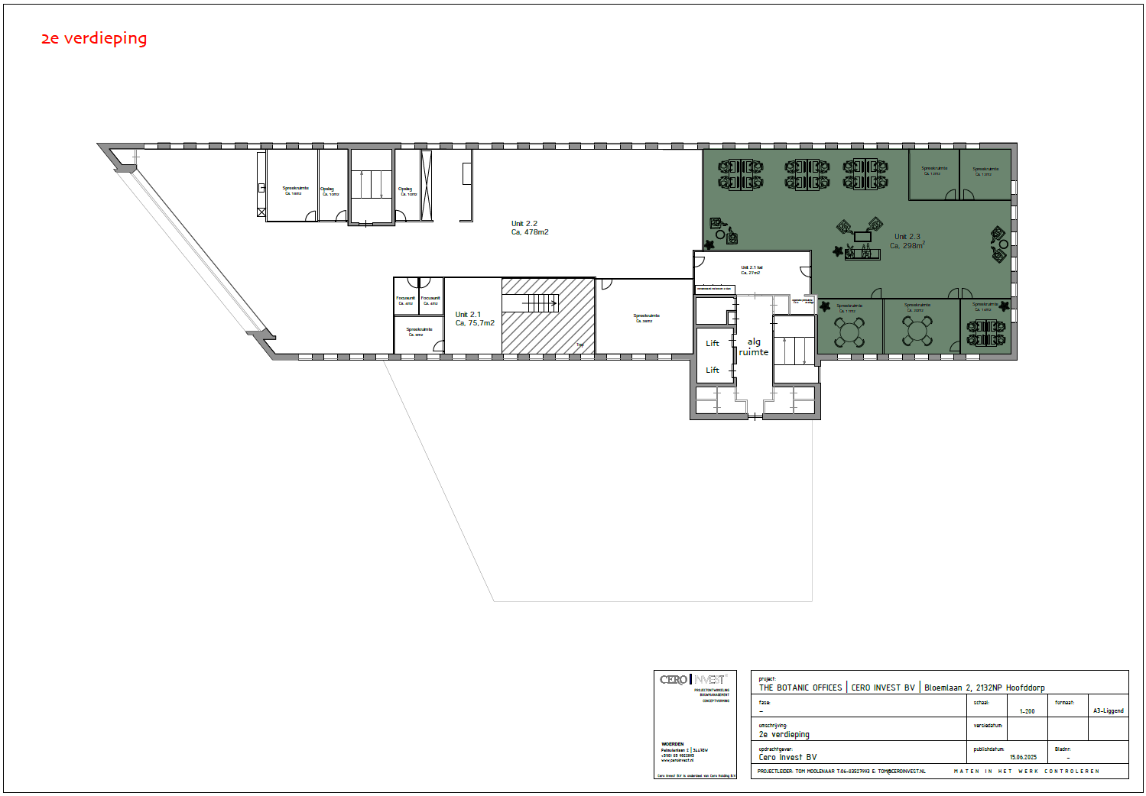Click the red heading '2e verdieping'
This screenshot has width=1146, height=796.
(93, 38)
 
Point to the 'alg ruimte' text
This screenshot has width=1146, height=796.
(754, 347)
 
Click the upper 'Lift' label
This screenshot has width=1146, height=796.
(713, 344)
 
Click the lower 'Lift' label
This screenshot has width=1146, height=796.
(713, 370)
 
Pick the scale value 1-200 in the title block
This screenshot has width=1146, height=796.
(1027, 711)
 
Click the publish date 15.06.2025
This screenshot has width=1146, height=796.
(1023, 757)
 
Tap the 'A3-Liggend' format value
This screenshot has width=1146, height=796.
(1108, 711)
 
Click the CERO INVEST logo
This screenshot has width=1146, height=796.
(693, 679)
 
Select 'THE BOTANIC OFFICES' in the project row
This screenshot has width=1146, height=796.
(800, 688)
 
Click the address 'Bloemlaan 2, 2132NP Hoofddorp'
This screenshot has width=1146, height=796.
(984, 688)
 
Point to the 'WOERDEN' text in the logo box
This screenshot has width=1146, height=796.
(672, 743)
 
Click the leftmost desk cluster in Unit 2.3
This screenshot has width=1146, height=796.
(740, 174)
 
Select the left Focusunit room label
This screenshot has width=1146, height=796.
(405, 300)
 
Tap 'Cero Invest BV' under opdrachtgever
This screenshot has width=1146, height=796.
(787, 758)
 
